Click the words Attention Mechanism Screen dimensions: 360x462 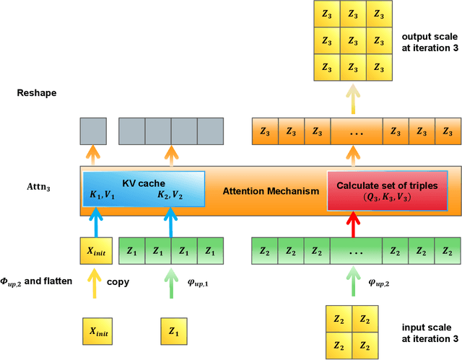[x=271, y=191]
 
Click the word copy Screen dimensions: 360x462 [x=118, y=282]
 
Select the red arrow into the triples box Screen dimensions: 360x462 [x=352, y=223]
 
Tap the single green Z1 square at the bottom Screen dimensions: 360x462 [x=174, y=333]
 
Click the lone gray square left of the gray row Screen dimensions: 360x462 [x=93, y=132]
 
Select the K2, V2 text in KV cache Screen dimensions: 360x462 [x=170, y=195]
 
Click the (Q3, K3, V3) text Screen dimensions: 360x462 [x=386, y=197]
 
